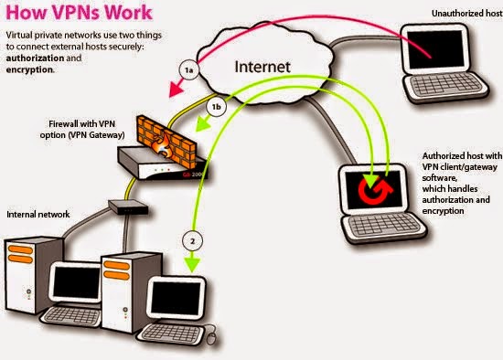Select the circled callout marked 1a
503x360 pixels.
(x=189, y=69)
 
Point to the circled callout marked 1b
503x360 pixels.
(x=218, y=108)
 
